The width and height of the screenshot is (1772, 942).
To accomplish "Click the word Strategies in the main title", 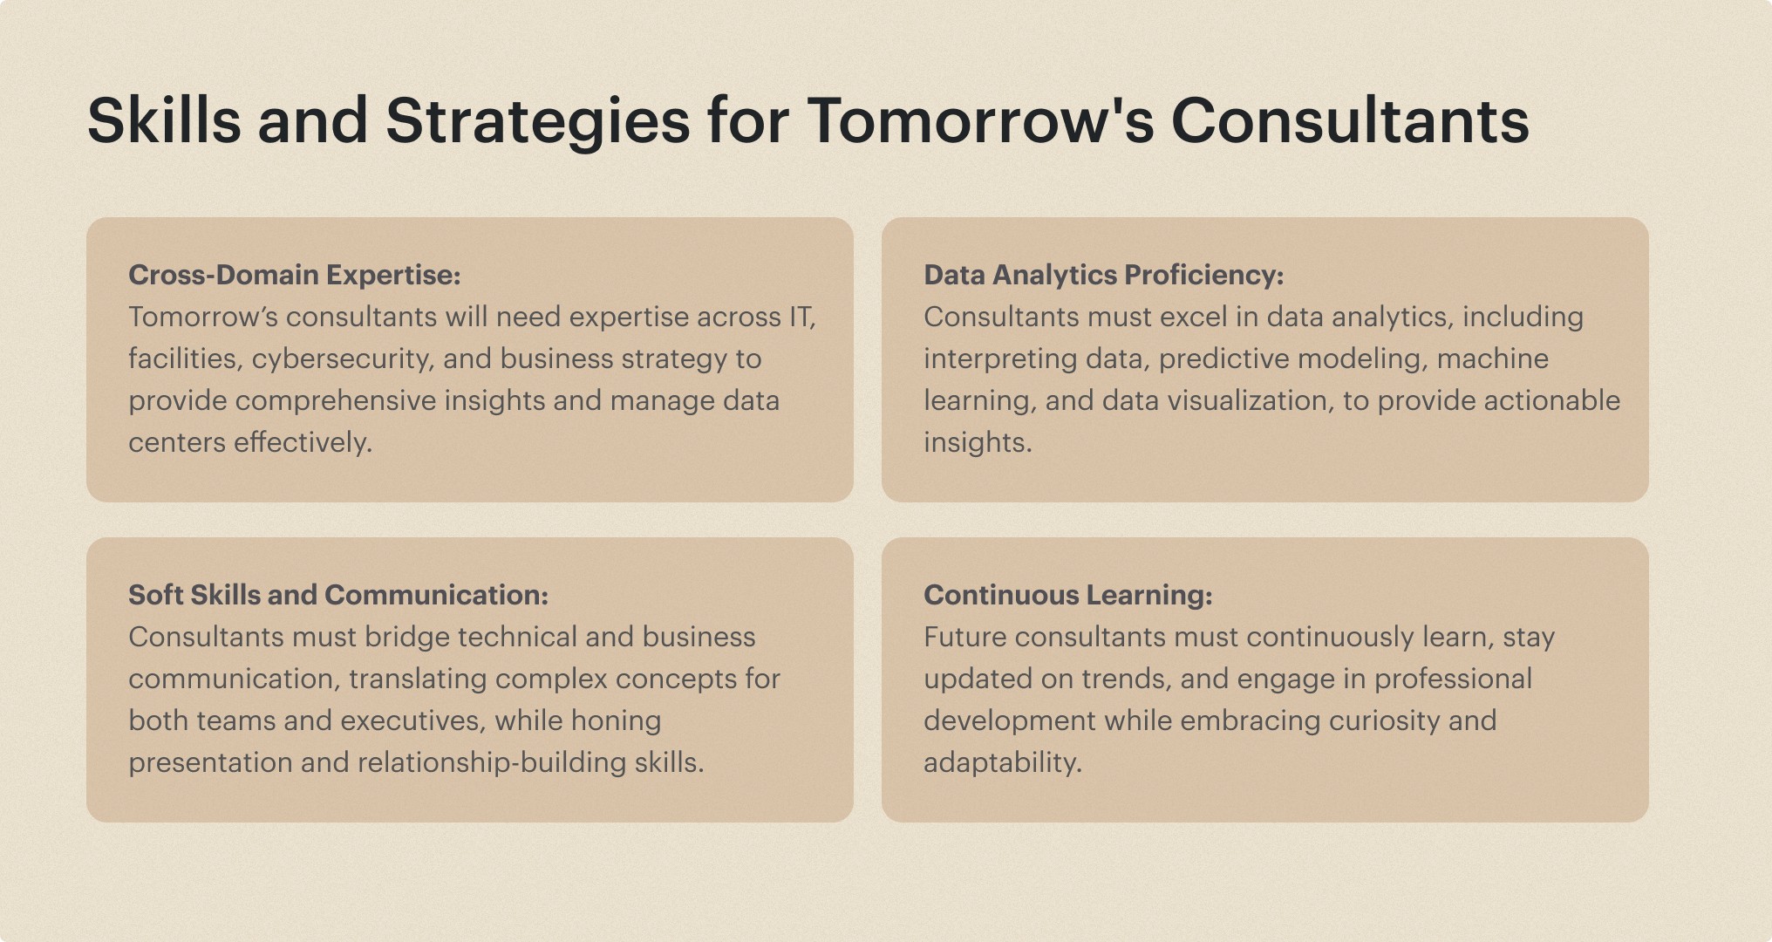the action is pos(538,121).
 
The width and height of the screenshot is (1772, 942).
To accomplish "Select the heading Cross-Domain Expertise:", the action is pos(295,276).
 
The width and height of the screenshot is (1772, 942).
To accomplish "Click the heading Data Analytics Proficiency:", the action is pos(1104,276).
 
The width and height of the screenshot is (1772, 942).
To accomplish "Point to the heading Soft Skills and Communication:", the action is pos(338,595).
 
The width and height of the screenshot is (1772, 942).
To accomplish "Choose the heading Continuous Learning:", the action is pos(1068,596).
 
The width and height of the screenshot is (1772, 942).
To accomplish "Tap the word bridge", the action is pos(406,638).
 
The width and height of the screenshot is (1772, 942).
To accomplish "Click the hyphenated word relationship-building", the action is pos(492,763).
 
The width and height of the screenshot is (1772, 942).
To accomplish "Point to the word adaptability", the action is pos(1003,763).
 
